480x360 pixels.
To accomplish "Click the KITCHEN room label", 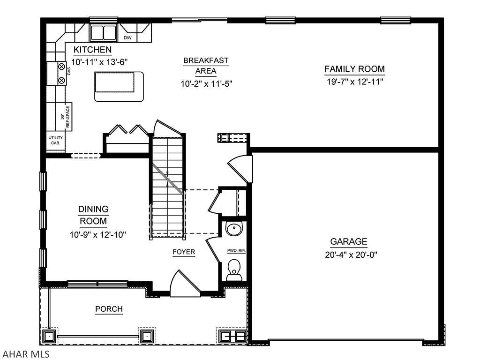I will coord(92,50).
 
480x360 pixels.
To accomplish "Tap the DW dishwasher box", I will coord(127,37).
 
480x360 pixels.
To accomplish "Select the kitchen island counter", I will coord(119,86).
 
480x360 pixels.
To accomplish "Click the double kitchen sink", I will coord(103,33).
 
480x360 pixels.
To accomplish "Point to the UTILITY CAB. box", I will coord(55,140).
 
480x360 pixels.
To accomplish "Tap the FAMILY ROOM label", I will coord(355,69).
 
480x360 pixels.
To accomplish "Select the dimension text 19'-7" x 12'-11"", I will coord(355,82).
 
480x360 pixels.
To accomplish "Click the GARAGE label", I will coord(349,242).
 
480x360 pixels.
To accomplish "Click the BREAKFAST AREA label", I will coord(206,66).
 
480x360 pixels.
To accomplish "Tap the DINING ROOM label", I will coord(93,215).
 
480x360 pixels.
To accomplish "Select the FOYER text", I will coord(184,252).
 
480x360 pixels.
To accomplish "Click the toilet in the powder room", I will coord(234,271).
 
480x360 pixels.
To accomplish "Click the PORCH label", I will coord(109,309).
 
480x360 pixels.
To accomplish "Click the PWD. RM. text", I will coord(236,251).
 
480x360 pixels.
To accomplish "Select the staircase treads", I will coord(167,187).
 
